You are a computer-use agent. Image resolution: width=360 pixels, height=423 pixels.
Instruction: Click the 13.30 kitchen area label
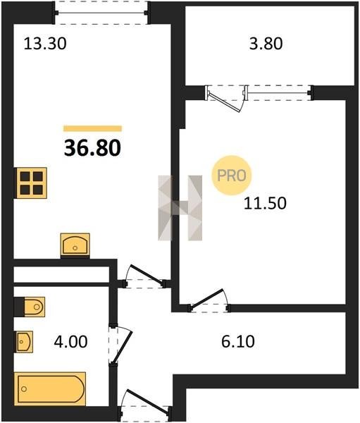pyautogui.click(x=45, y=44)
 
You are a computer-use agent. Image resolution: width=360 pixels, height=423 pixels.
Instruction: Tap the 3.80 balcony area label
pyautogui.click(x=266, y=44)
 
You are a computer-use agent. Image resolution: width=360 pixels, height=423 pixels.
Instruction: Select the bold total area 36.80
pyautogui.click(x=92, y=148)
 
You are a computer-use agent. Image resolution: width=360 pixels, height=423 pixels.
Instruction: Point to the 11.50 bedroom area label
pyautogui.click(x=265, y=203)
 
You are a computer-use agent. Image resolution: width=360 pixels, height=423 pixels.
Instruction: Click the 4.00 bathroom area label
pyautogui.click(x=70, y=341)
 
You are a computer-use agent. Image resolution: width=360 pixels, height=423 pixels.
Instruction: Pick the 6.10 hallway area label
pyautogui.click(x=238, y=341)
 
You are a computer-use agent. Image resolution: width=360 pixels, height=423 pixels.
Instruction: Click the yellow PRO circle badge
pyautogui.click(x=231, y=176)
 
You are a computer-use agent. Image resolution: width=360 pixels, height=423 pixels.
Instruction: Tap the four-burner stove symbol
pyautogui.click(x=31, y=183)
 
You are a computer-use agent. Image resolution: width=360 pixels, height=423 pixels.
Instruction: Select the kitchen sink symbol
pyautogui.click(x=75, y=245)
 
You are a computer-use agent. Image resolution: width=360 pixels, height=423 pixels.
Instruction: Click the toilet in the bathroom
pyautogui.click(x=34, y=307)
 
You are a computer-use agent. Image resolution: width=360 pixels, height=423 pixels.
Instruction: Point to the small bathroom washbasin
pyautogui.click(x=24, y=341)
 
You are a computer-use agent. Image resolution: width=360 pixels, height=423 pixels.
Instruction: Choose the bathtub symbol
pyautogui.click(x=50, y=388)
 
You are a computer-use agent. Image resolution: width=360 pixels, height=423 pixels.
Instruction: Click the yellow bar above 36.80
pyautogui.click(x=92, y=128)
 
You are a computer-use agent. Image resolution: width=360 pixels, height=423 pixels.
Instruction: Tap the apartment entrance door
pyautogui.click(x=146, y=405)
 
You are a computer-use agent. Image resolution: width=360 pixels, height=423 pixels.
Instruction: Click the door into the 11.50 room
pyautogui.click(x=209, y=300)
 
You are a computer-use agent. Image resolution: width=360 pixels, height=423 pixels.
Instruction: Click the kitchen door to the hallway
pyautogui.click(x=144, y=276)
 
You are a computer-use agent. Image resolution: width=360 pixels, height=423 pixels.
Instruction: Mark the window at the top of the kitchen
pyautogui.click(x=101, y=13)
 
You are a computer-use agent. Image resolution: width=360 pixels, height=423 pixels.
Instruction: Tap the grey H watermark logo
pyautogui.click(x=180, y=208)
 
